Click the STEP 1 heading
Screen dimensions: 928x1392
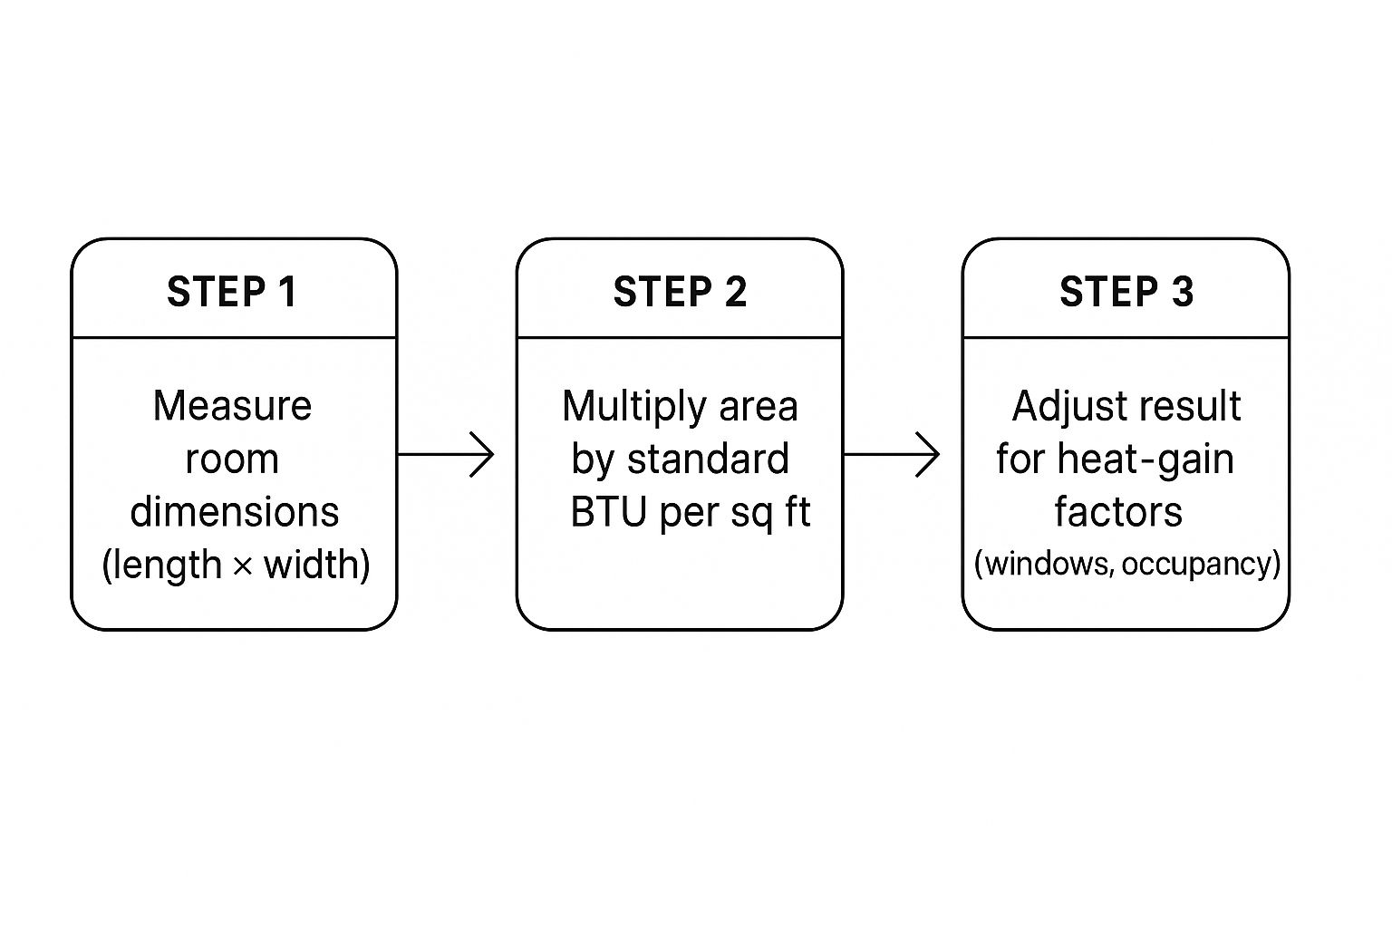[x=232, y=292]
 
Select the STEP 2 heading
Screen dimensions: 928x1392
[x=680, y=292]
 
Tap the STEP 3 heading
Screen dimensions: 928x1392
[x=1126, y=292]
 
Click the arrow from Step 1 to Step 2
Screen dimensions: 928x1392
[x=446, y=454]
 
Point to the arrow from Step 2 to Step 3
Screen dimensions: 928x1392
[x=892, y=454]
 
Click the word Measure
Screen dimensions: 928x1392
[x=233, y=405]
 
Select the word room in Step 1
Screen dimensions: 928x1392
[x=232, y=459]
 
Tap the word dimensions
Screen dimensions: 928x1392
[x=235, y=512]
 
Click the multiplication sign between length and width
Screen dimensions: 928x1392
[x=242, y=566]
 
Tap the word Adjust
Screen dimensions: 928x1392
[x=1060, y=407]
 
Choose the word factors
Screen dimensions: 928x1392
[x=1118, y=512]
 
